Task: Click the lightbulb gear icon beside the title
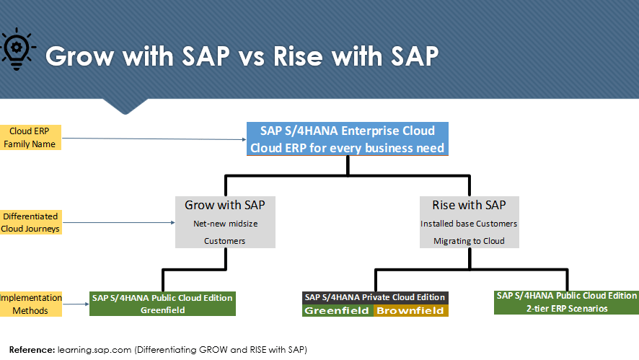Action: [17, 49]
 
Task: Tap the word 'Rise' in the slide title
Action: [298, 56]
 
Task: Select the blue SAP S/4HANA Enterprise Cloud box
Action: [348, 139]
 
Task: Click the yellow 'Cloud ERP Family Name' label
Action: [30, 137]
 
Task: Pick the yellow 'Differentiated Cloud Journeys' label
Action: [30, 222]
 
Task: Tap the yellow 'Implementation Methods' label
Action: [30, 304]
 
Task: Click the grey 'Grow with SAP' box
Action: [225, 222]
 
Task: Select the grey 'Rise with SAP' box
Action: [470, 222]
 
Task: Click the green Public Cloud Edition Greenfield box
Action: [162, 304]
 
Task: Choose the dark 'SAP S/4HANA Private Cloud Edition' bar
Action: [375, 298]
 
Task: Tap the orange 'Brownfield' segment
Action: [411, 311]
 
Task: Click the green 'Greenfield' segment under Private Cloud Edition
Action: [338, 311]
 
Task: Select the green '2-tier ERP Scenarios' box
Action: [566, 302]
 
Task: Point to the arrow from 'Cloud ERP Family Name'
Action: [154, 139]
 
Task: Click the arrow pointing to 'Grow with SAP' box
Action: [119, 223]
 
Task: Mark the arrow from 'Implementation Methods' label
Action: [76, 304]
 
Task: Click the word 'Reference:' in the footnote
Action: [32, 350]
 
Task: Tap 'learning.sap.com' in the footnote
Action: [94, 350]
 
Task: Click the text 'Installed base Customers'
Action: [469, 224]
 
